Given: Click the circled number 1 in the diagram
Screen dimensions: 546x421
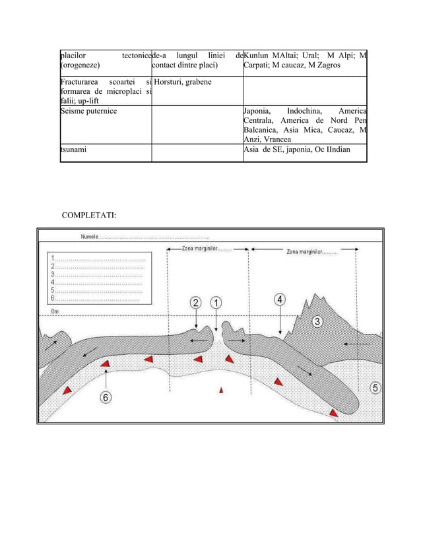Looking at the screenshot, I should (215, 303).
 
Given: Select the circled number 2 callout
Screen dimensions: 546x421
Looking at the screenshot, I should (196, 303).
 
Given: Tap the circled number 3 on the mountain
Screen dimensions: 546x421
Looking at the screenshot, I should (318, 322).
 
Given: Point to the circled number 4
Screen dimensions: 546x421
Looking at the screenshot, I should (280, 299).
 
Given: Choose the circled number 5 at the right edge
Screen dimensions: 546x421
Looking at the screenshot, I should (375, 388).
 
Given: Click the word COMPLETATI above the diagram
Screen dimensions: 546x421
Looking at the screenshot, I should (89, 215).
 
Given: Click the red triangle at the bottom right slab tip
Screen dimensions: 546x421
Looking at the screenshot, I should (334, 413).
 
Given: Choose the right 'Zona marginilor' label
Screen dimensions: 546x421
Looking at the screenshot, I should (311, 251).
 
